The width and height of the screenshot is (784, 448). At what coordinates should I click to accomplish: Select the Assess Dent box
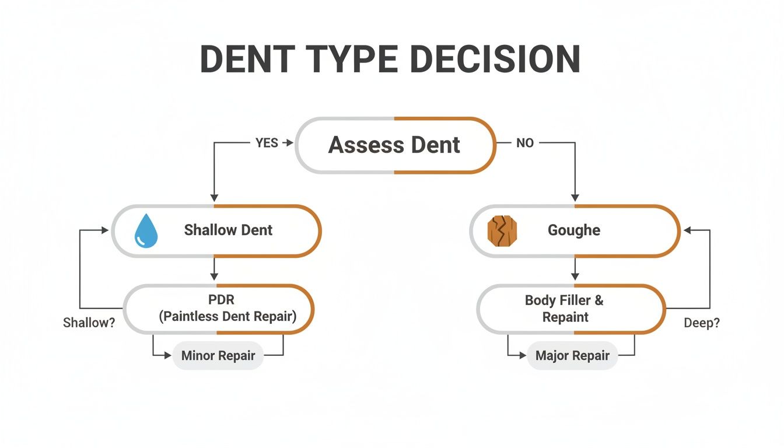click(x=395, y=145)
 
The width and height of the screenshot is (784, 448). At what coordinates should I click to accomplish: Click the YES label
click(x=267, y=143)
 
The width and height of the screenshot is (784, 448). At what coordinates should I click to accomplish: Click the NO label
click(x=524, y=143)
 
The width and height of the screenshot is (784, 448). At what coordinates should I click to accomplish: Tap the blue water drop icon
click(x=145, y=231)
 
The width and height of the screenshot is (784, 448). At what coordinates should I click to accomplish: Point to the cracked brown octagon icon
click(x=502, y=231)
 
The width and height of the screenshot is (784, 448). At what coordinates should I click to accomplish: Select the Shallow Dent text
click(x=228, y=230)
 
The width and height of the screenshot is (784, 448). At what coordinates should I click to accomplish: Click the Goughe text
click(x=574, y=230)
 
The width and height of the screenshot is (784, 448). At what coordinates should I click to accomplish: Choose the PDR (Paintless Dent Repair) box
click(x=219, y=309)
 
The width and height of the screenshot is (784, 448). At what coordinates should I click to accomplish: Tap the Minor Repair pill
click(x=218, y=355)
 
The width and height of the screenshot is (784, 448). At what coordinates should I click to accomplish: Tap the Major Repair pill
click(x=572, y=355)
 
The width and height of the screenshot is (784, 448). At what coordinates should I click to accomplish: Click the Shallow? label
click(x=89, y=323)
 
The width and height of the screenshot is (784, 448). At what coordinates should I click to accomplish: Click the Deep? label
click(x=701, y=323)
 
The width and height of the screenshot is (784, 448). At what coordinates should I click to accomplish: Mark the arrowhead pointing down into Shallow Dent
click(x=214, y=198)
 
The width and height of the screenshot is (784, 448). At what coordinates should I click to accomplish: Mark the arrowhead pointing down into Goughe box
click(x=575, y=198)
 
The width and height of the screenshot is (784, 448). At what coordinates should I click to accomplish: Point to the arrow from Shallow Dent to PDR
click(x=214, y=269)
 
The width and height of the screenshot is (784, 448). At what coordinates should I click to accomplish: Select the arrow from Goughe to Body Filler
click(x=575, y=269)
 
